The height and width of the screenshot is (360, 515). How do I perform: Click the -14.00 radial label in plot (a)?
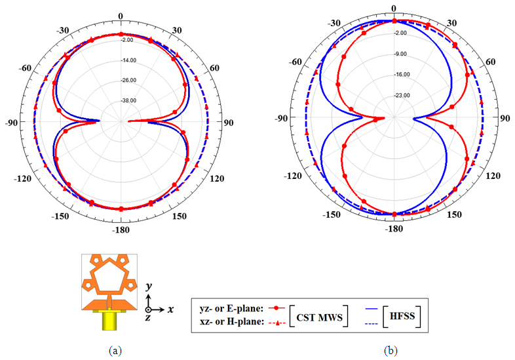[x=128, y=60]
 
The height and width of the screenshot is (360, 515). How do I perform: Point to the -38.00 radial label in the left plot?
[x=128, y=100]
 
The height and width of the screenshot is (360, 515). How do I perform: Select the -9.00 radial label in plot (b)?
[x=400, y=54]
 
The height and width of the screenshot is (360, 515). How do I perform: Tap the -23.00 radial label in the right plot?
[x=402, y=95]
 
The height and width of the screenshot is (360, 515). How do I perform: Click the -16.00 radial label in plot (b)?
[x=402, y=75]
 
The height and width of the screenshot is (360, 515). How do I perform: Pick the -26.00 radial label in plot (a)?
[x=128, y=81]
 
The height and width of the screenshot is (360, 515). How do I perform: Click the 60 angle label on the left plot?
[x=214, y=68]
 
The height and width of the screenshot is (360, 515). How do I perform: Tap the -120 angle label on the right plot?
[x=293, y=176]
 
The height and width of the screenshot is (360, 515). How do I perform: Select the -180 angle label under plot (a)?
[x=121, y=230]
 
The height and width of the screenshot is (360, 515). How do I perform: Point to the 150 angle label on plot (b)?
[x=454, y=214]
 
